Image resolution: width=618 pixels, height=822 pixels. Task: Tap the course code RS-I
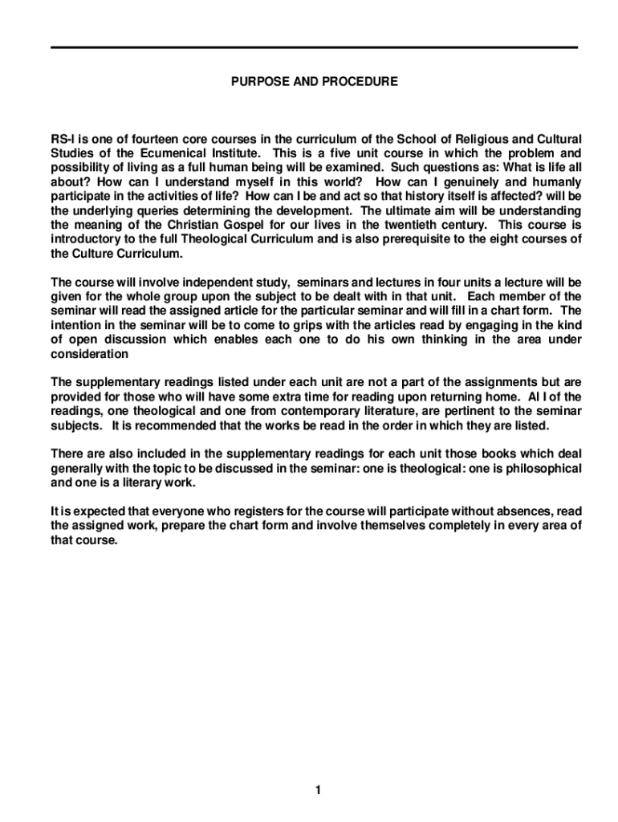pyautogui.click(x=63, y=139)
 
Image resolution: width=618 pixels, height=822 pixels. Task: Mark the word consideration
pyautogui.click(x=90, y=355)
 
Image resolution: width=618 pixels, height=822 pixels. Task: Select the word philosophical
pyautogui.click(x=541, y=469)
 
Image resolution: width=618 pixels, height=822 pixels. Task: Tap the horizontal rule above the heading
pyautogui.click(x=314, y=47)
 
